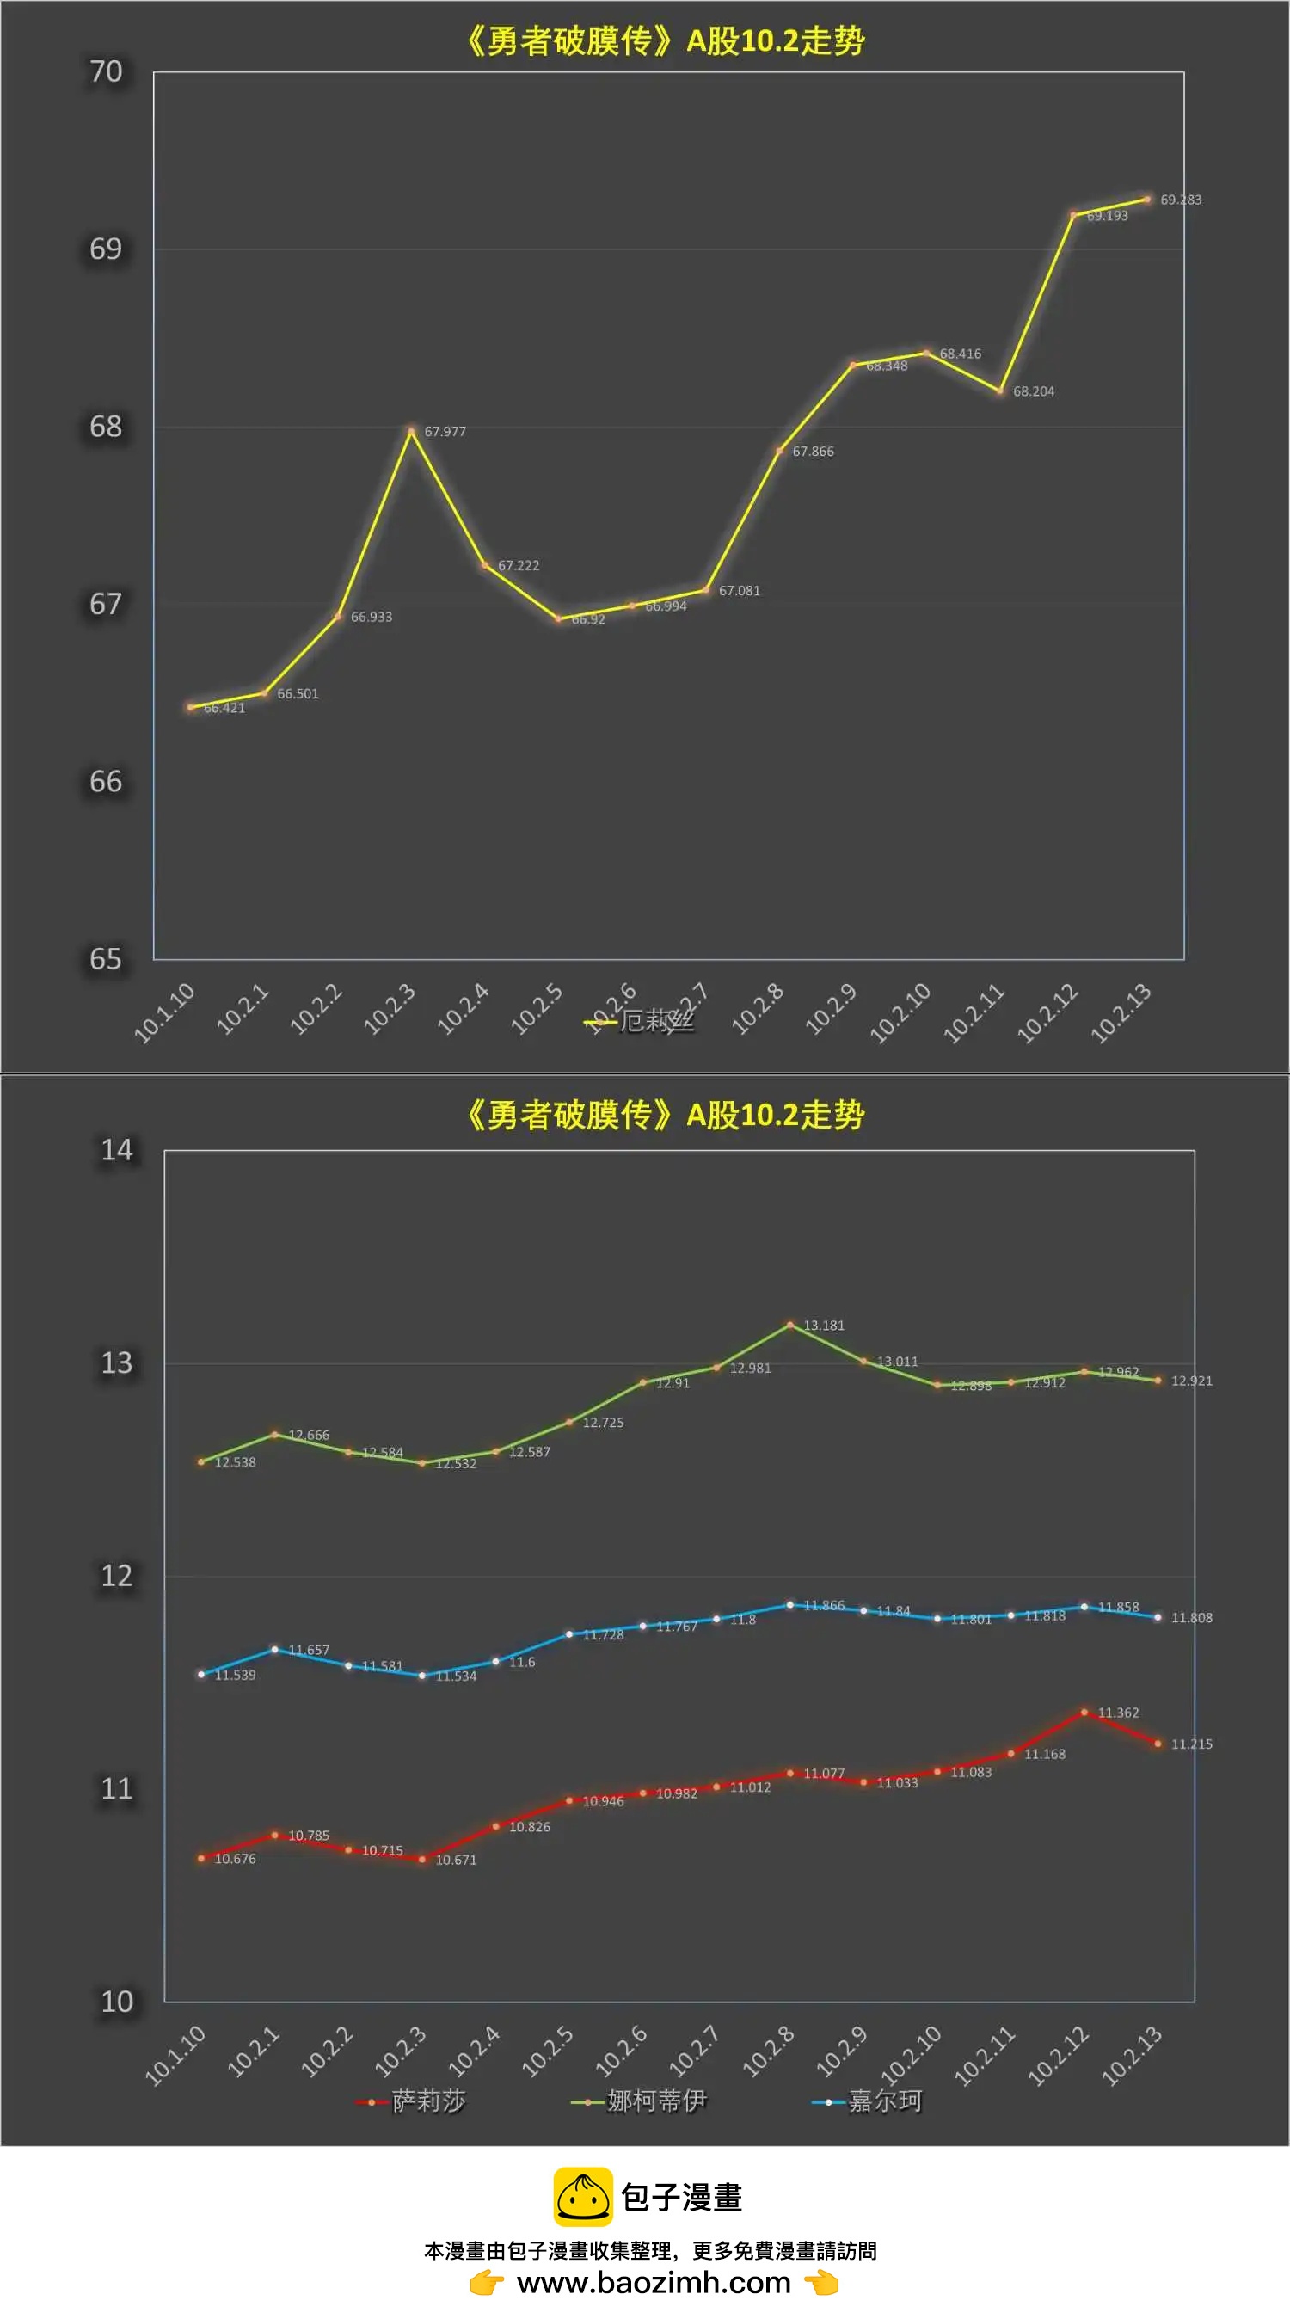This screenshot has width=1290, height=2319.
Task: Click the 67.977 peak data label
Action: [x=445, y=431]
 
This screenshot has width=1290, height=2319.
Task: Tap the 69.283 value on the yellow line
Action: [x=1180, y=200]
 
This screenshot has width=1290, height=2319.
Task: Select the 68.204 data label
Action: [x=1034, y=391]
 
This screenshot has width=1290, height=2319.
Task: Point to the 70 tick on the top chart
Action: [x=105, y=71]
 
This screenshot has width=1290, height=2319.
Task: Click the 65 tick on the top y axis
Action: [x=105, y=959]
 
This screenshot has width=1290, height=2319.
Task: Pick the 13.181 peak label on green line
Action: [x=824, y=1326]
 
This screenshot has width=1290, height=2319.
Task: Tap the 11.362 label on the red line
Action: [x=1118, y=1713]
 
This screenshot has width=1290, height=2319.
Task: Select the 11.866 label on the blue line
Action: [x=824, y=1605]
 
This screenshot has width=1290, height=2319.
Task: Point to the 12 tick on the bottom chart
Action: [x=116, y=1576]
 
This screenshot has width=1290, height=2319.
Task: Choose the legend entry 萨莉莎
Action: [x=428, y=2101]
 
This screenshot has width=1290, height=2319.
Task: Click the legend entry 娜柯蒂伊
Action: [x=656, y=2101]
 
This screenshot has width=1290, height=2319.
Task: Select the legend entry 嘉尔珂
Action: [x=885, y=2101]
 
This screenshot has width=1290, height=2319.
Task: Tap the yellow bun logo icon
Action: [x=582, y=2197]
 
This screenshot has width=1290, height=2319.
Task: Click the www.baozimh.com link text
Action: [x=654, y=2282]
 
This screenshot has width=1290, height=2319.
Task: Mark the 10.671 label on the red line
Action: [x=456, y=1860]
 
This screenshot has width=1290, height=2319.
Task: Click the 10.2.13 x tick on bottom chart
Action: [x=1132, y=2056]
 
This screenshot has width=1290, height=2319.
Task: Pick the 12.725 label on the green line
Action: [x=603, y=1423]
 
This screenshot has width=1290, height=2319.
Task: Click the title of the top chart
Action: [x=665, y=40]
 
